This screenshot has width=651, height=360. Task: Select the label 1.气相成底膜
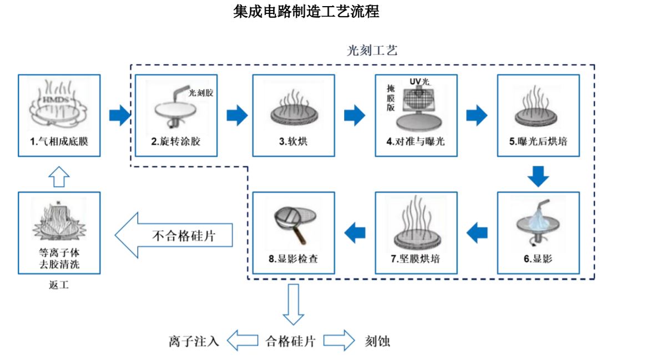click(59, 142)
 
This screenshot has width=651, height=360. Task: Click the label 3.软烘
click(293, 142)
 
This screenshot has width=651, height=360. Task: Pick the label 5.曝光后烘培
click(538, 142)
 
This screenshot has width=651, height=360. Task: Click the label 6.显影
click(538, 259)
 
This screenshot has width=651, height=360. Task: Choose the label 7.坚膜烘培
click(416, 259)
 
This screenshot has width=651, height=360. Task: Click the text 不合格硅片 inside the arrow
click(183, 236)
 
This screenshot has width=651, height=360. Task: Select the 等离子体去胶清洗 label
click(59, 258)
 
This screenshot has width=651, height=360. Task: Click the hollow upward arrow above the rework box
click(59, 176)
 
